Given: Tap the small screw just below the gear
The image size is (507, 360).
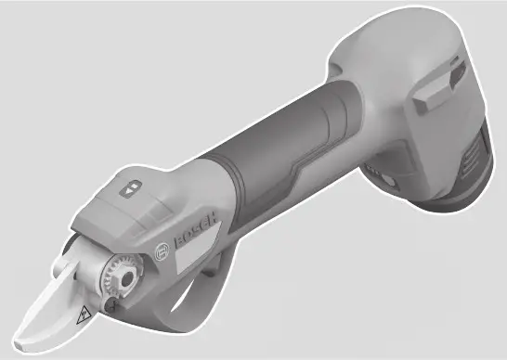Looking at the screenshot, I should click(111, 302).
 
